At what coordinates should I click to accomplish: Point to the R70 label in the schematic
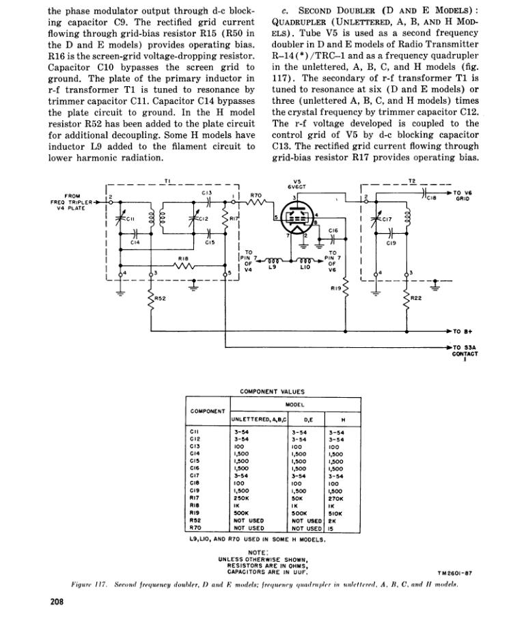[x=255, y=195]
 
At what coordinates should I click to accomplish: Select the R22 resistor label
[x=416, y=298]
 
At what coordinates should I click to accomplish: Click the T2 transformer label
[x=411, y=180]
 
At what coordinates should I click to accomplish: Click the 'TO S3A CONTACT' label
[x=465, y=351]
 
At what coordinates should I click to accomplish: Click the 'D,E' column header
[x=298, y=420]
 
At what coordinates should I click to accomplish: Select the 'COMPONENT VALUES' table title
[x=262, y=392]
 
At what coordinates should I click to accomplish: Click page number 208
[x=58, y=602]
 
